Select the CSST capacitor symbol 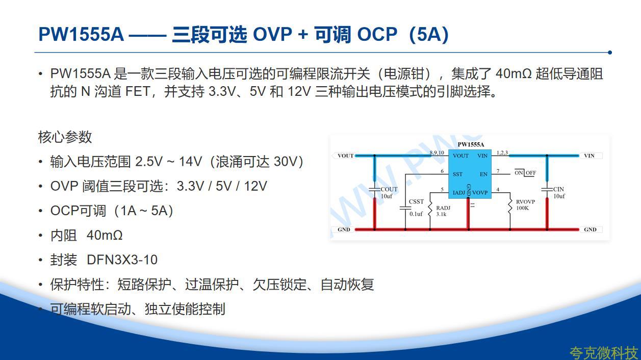click(x=405, y=208)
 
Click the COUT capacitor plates click(x=374, y=189)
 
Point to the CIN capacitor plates click(x=547, y=189)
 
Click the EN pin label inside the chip click(x=483, y=174)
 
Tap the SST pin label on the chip click(x=457, y=174)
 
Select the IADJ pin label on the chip click(x=459, y=193)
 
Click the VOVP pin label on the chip click(x=480, y=193)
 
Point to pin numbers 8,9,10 click(x=437, y=152)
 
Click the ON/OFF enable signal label click(x=525, y=173)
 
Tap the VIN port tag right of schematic click(x=589, y=156)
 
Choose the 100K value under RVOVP click(x=522, y=208)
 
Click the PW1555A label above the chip click(x=471, y=144)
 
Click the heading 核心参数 click(x=65, y=137)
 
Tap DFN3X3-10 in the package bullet click(x=122, y=260)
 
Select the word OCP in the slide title click(x=377, y=34)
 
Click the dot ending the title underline click(x=610, y=53)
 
